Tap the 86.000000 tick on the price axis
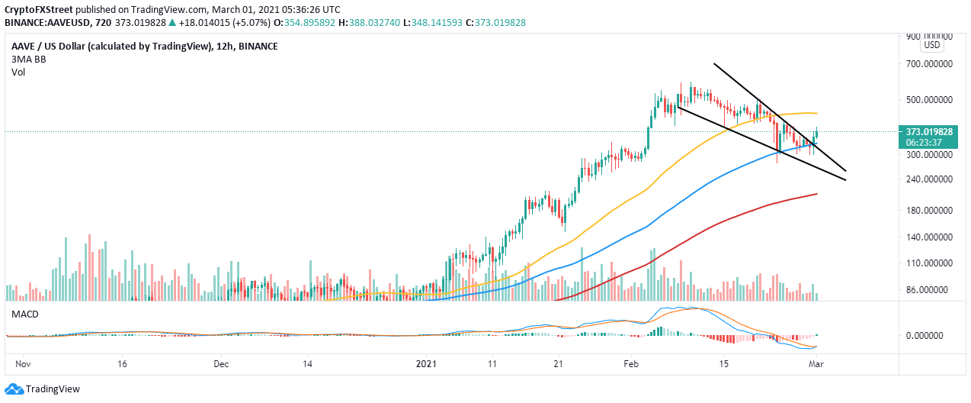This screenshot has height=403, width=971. point(929,290)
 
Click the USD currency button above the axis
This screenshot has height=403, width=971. point(931,45)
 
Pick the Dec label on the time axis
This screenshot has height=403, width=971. point(222,365)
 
